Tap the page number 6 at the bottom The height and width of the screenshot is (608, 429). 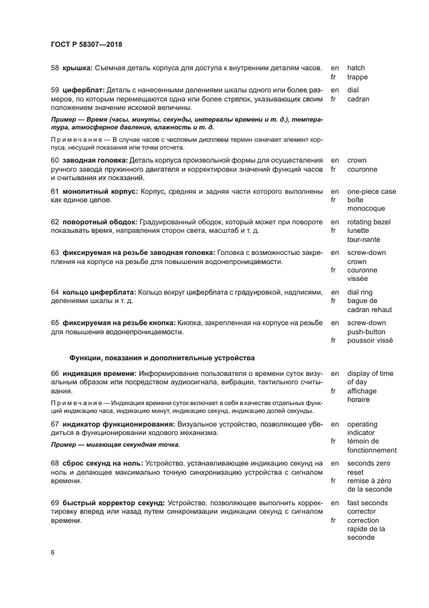(x=53, y=553)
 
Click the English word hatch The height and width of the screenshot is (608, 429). (x=356, y=68)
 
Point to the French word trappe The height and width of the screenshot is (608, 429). (x=358, y=77)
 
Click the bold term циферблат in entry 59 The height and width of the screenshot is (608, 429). (x=83, y=90)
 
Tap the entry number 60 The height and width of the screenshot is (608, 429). (x=55, y=160)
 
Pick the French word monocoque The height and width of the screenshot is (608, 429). (x=366, y=209)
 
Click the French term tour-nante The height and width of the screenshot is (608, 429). (x=364, y=239)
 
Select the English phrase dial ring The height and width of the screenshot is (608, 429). (x=362, y=292)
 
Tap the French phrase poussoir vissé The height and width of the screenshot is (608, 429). (x=370, y=339)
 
